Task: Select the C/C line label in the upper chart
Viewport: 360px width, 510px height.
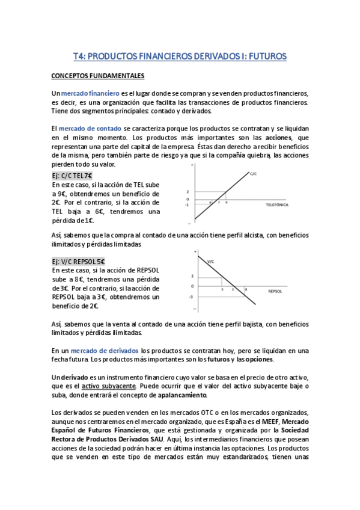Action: point(253,174)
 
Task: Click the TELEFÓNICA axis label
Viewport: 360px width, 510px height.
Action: point(278,205)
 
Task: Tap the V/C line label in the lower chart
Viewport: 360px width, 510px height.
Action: point(210,262)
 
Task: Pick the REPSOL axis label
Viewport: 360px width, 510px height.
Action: point(276,290)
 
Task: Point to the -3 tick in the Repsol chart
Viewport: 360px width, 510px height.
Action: point(191,296)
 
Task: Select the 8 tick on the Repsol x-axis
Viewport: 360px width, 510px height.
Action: point(245,290)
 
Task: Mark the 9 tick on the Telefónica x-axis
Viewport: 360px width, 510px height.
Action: point(227,203)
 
